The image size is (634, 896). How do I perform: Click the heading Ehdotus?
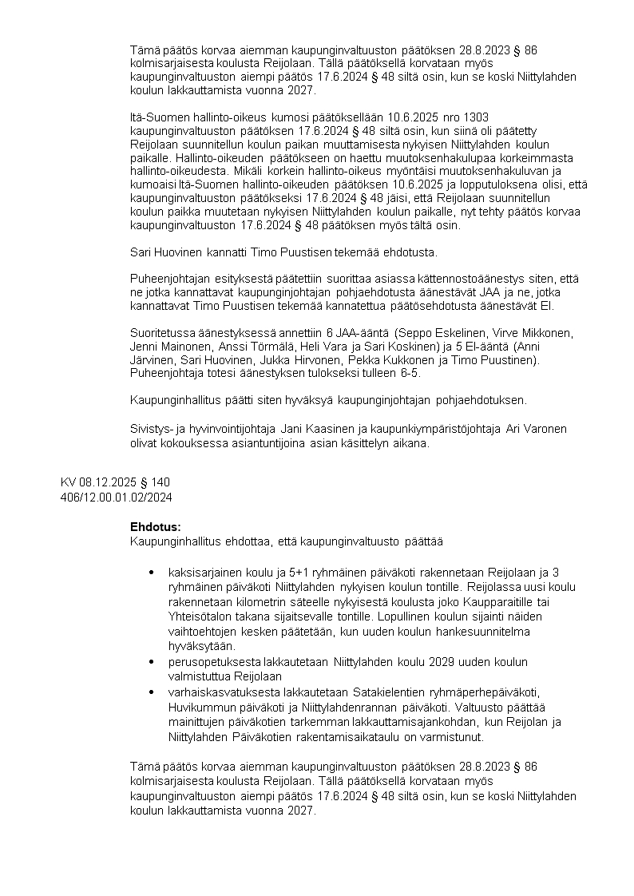[155, 527]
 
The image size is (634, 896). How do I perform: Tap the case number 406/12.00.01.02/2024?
[116, 497]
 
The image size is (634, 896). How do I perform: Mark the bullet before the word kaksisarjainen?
[152, 573]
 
